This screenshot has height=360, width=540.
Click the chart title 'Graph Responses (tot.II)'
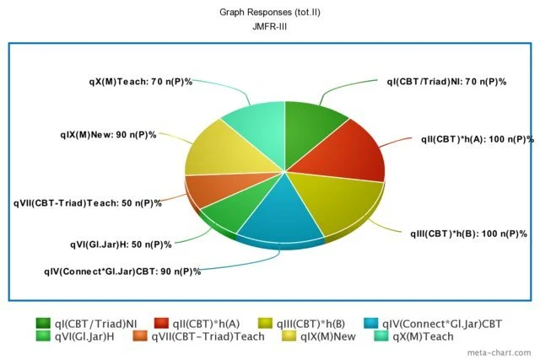[x=269, y=13]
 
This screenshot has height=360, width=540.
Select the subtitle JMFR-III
[x=269, y=26]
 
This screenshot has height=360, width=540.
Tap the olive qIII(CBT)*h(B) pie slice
[x=337, y=198]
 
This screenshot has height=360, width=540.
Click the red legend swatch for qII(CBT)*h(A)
[x=161, y=322]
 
